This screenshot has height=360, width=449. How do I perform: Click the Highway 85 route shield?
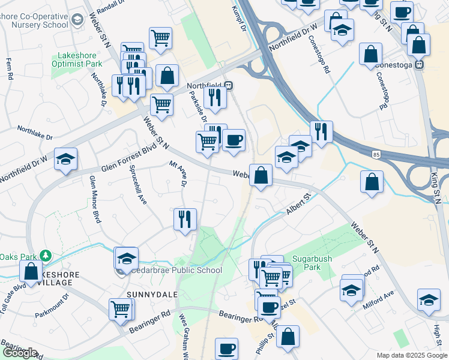(376, 155)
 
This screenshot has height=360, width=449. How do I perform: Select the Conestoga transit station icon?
(421, 64)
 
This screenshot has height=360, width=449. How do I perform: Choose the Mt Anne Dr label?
(179, 173)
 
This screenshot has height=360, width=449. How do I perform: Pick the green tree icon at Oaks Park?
(46, 256)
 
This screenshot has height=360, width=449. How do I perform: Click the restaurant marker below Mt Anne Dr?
(185, 219)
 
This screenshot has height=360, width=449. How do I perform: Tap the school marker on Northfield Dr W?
(65, 160)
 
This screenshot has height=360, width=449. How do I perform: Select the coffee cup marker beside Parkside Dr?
(234, 140)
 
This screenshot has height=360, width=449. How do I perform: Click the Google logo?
(20, 353)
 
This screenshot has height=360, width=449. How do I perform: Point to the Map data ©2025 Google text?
(411, 355)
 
